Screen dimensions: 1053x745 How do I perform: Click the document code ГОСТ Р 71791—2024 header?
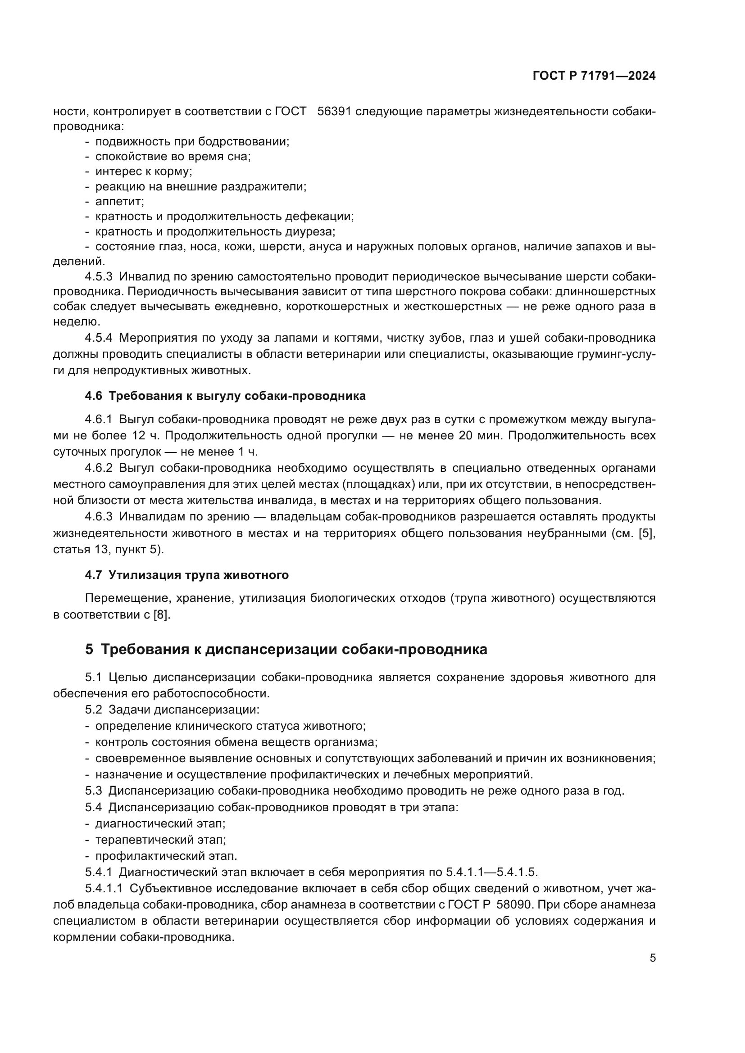[x=594, y=76]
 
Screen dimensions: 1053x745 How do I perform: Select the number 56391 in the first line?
[x=334, y=112]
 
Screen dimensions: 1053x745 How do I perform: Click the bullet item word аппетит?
[x=119, y=201]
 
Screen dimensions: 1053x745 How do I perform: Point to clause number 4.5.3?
[x=99, y=276]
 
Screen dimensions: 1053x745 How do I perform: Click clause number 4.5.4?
[x=99, y=338]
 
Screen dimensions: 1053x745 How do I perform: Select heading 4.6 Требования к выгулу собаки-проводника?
[x=225, y=396]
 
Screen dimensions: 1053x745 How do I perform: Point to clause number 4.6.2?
[x=99, y=468]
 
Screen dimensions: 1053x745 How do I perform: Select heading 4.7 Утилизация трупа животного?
[x=187, y=575]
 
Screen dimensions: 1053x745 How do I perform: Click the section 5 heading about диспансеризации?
[x=286, y=650]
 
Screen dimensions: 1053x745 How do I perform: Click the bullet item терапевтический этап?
[x=160, y=840]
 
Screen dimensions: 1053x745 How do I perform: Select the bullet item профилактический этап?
[x=166, y=856]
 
